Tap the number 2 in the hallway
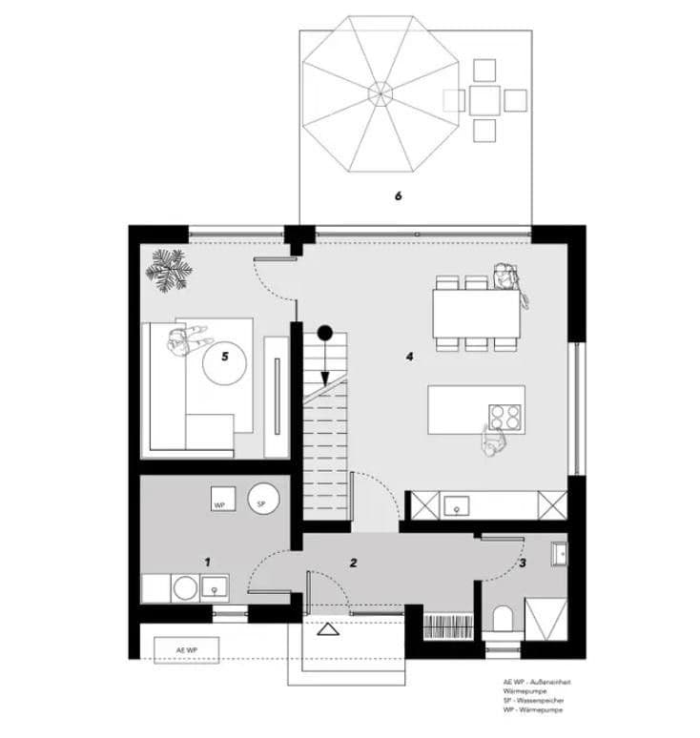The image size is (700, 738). [x=353, y=564]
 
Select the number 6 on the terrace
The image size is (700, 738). [x=399, y=196]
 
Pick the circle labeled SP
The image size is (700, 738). [x=261, y=501]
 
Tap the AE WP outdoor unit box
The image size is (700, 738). [x=188, y=649]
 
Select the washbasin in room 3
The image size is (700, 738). [x=559, y=552]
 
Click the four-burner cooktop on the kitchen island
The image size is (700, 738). [x=506, y=417]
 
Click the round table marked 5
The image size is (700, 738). [x=225, y=361]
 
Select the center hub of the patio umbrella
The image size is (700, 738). [x=380, y=93]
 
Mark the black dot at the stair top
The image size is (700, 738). [x=324, y=333]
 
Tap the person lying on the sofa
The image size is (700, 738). [x=185, y=340]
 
